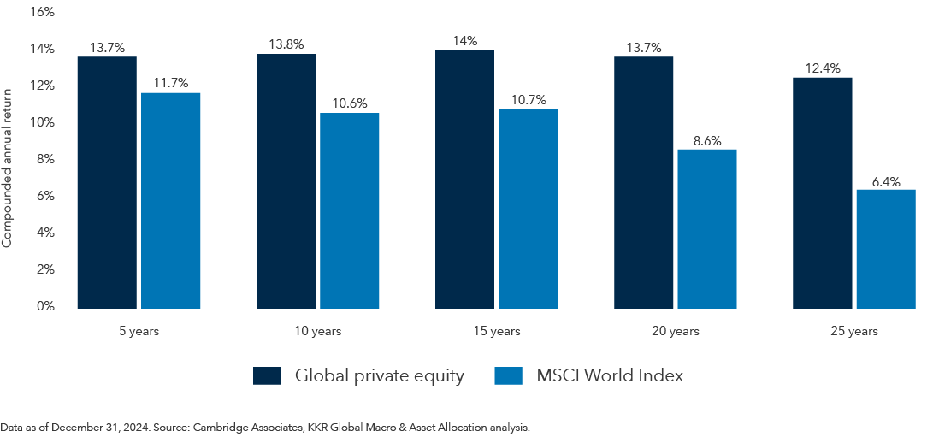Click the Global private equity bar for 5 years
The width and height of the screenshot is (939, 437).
107,182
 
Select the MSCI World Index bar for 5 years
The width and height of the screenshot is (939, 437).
170,200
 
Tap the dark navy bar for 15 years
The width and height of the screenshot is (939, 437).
464,179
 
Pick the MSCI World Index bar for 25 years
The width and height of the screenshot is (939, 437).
886,249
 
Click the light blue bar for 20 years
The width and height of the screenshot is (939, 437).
707,228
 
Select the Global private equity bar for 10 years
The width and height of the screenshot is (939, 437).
286,180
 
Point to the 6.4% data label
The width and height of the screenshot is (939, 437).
886,181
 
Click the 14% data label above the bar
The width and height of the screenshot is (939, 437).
464,41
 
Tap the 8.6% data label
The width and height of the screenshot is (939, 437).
707,141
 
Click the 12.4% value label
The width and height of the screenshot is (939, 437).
822,68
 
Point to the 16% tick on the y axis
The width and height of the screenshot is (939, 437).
42,12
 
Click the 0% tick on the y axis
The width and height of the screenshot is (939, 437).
45,306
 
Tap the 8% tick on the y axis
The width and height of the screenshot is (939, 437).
45,159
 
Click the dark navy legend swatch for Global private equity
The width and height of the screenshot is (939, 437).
267,375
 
